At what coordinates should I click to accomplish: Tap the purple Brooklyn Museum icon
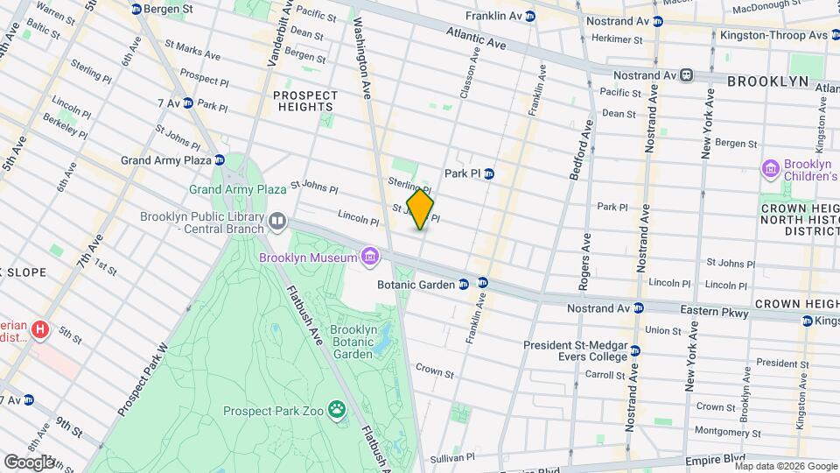click(x=371, y=257)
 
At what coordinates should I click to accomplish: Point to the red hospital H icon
click(x=38, y=330)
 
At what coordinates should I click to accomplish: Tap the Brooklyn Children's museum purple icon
click(x=770, y=167)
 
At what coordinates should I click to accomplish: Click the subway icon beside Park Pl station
click(x=490, y=173)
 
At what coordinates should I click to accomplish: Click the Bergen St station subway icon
click(x=136, y=9)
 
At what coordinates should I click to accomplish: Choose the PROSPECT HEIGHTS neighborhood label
click(x=304, y=102)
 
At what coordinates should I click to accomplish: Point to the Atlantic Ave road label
click(x=476, y=37)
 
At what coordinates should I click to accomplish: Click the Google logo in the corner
click(x=29, y=462)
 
